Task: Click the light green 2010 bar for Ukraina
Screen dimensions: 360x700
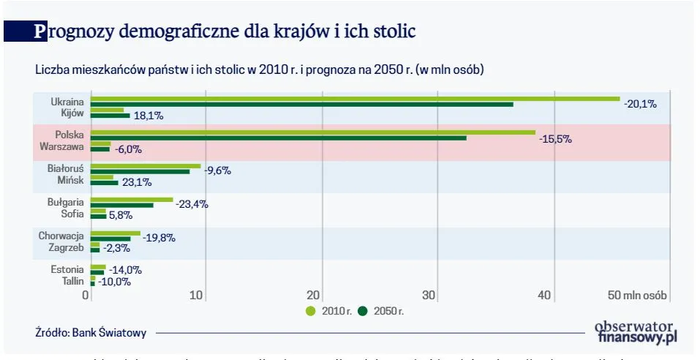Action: tap(355, 99)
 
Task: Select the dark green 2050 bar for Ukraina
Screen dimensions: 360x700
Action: tap(301, 105)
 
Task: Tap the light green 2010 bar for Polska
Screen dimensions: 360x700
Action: tap(313, 132)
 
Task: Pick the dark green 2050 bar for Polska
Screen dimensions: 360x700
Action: tap(278, 138)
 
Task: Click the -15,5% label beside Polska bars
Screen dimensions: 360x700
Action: tap(555, 139)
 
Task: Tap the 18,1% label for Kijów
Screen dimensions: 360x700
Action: tap(148, 116)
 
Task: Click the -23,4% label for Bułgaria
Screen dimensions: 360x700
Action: tap(192, 205)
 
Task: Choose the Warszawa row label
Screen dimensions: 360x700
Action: tap(63, 146)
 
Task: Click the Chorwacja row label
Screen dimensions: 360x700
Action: tap(61, 236)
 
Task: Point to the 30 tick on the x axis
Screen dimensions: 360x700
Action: tap(429, 295)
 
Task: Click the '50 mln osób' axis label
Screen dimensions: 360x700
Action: tap(637, 295)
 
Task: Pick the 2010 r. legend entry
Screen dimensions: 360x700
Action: tap(329, 311)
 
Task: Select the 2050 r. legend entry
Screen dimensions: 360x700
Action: tap(381, 311)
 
